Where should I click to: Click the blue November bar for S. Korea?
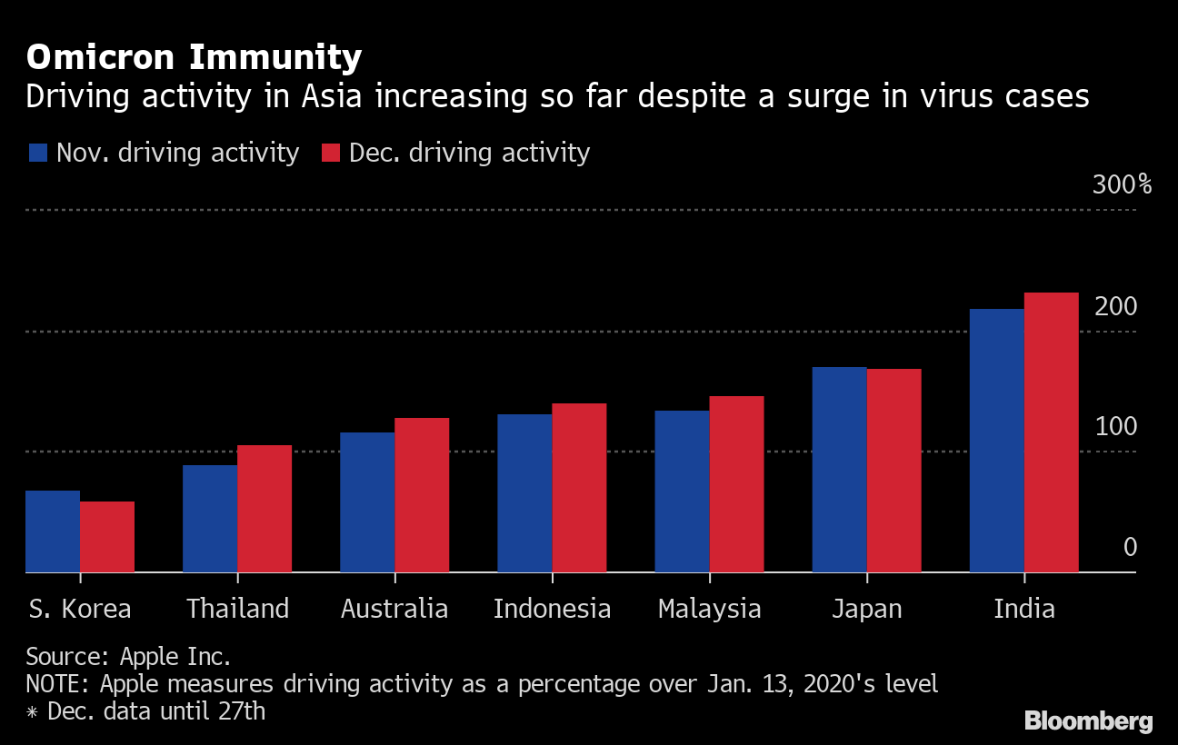[x=53, y=531]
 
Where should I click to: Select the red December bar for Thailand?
[x=265, y=509]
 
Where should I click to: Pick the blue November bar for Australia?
[x=367, y=502]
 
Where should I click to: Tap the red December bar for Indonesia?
[x=579, y=488]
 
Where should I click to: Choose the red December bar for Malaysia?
[x=736, y=484]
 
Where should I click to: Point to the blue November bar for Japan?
[x=839, y=470]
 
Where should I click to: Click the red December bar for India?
[x=1052, y=432]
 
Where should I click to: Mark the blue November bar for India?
[x=997, y=441]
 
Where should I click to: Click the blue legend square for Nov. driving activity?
[x=37, y=153]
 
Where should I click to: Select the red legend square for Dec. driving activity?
[x=331, y=153]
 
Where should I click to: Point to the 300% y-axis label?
[x=1122, y=185]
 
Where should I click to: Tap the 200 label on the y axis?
[x=1115, y=307]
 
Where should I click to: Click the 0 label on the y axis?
[x=1130, y=547]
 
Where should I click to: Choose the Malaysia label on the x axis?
[x=709, y=609]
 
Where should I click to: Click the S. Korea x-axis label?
[x=79, y=609]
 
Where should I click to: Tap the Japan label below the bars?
[x=867, y=609]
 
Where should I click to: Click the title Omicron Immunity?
[x=194, y=58]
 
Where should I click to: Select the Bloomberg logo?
[x=1088, y=721]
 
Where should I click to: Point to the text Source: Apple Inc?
[x=128, y=657]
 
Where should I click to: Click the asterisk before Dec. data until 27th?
[x=33, y=711]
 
